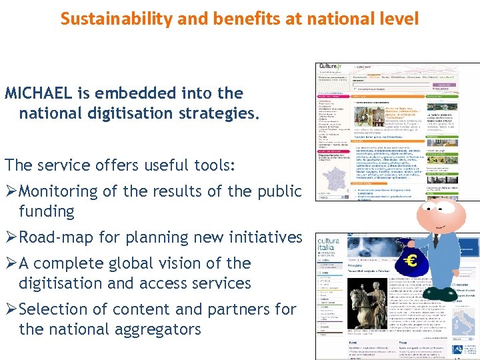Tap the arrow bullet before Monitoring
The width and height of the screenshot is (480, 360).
click(x=11, y=191)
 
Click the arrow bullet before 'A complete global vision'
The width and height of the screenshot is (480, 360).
click(x=11, y=263)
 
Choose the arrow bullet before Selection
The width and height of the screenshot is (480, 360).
click(x=11, y=309)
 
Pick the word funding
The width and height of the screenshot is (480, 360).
click(x=47, y=211)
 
